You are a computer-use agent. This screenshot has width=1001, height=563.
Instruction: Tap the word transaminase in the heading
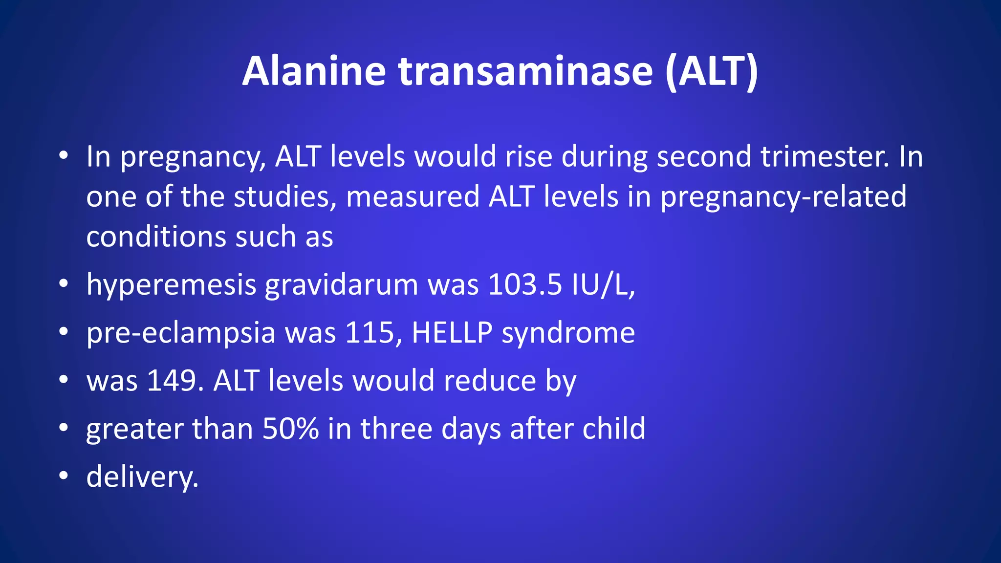point(525,71)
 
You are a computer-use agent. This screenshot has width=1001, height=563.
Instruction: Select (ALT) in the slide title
point(711,71)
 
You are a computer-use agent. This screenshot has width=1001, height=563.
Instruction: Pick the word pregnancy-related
point(783,197)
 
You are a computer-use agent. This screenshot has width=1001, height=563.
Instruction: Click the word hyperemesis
point(171,284)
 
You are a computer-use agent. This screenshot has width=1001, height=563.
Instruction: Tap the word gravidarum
point(341,284)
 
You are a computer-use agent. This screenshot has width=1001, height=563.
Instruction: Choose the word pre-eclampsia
point(181,333)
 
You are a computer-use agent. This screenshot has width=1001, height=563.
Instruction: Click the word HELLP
point(452,333)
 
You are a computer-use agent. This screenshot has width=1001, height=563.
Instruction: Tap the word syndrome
point(568,333)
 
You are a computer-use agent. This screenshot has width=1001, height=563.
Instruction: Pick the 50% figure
point(290,429)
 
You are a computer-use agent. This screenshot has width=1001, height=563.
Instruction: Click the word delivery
point(142,477)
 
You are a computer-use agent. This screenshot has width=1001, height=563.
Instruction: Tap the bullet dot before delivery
point(63,476)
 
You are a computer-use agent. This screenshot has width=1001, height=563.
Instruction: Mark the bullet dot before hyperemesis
point(63,283)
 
